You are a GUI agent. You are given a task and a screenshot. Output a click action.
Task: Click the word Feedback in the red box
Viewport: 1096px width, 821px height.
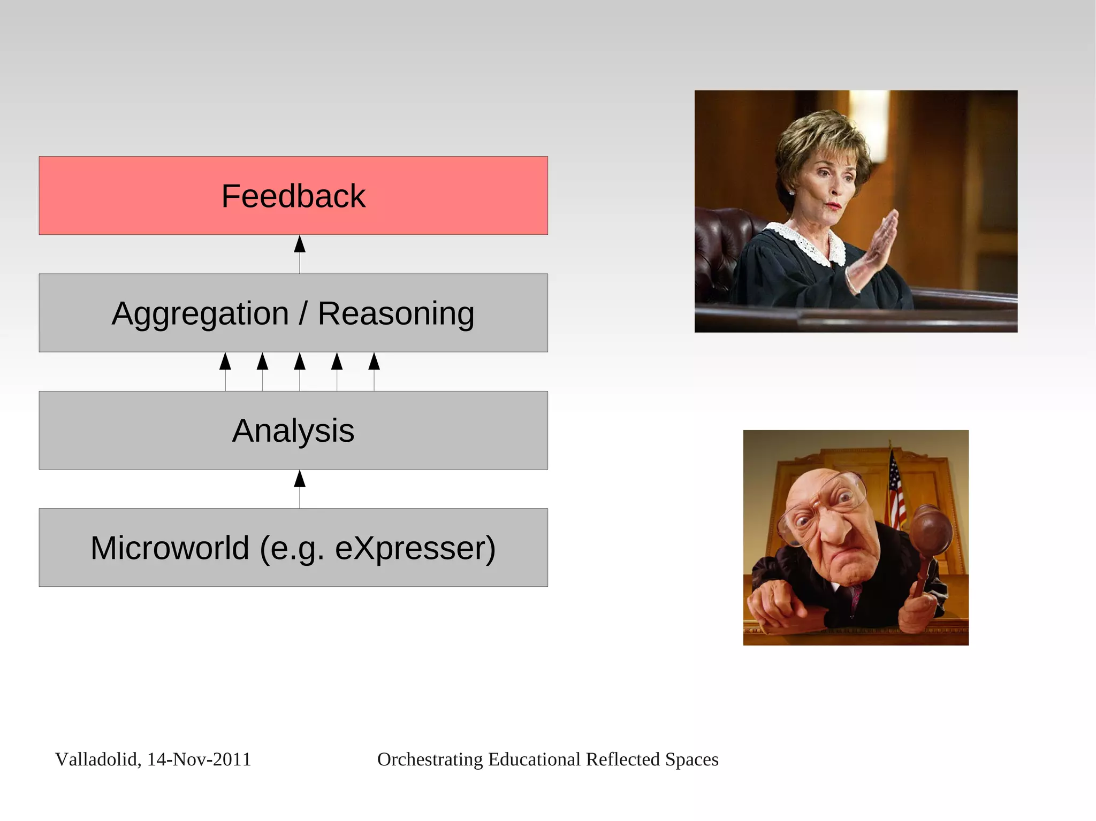(293, 196)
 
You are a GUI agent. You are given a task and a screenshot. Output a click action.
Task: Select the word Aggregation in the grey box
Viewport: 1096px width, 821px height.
(200, 313)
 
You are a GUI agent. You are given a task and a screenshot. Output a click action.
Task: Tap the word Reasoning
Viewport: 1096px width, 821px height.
(396, 313)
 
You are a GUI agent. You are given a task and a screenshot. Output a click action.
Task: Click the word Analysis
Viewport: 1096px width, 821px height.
(293, 431)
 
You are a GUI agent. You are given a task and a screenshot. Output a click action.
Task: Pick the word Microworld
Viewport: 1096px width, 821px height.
(170, 548)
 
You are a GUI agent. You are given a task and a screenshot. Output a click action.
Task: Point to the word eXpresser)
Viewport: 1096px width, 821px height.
(415, 549)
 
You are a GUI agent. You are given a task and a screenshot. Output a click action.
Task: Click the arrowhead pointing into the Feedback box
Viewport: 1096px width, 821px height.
(300, 244)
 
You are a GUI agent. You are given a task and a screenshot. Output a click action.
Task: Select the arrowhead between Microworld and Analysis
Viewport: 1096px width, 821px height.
(300, 479)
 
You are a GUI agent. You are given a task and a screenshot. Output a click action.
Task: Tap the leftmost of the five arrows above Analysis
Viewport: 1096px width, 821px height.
(225, 362)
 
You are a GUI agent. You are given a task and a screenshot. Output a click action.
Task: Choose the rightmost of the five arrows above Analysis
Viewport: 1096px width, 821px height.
(374, 362)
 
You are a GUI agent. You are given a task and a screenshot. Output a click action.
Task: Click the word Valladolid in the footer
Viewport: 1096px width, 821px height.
(97, 759)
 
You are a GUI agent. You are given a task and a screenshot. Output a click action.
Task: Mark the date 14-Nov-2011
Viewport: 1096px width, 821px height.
(199, 759)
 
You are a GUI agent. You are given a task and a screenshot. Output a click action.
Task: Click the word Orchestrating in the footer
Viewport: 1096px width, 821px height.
(430, 759)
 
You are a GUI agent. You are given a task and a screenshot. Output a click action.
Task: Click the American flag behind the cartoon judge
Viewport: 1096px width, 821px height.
(896, 492)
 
